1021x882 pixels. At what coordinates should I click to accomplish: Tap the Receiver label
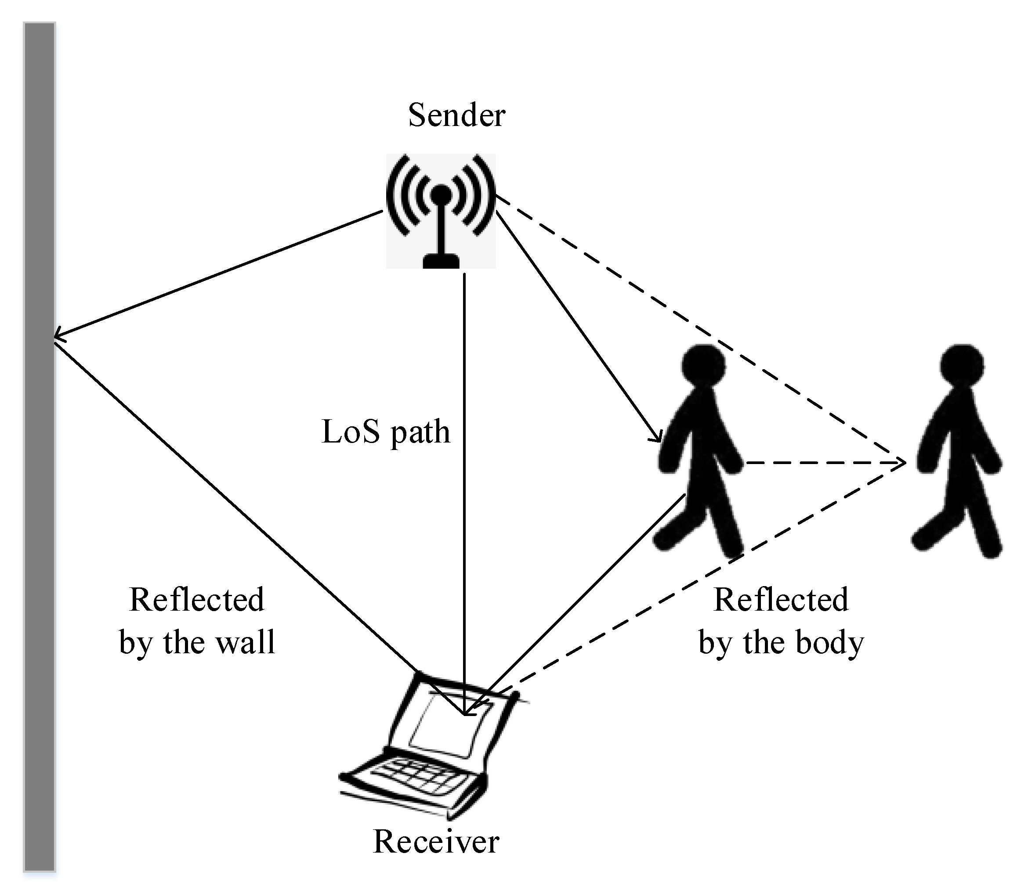tap(436, 841)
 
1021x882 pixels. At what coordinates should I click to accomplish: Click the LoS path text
tap(386, 432)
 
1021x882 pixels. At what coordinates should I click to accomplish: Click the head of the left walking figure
tap(703, 365)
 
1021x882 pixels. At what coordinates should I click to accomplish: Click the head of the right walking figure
tap(962, 365)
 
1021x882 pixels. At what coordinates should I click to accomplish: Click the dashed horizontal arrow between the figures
tap(823, 462)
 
